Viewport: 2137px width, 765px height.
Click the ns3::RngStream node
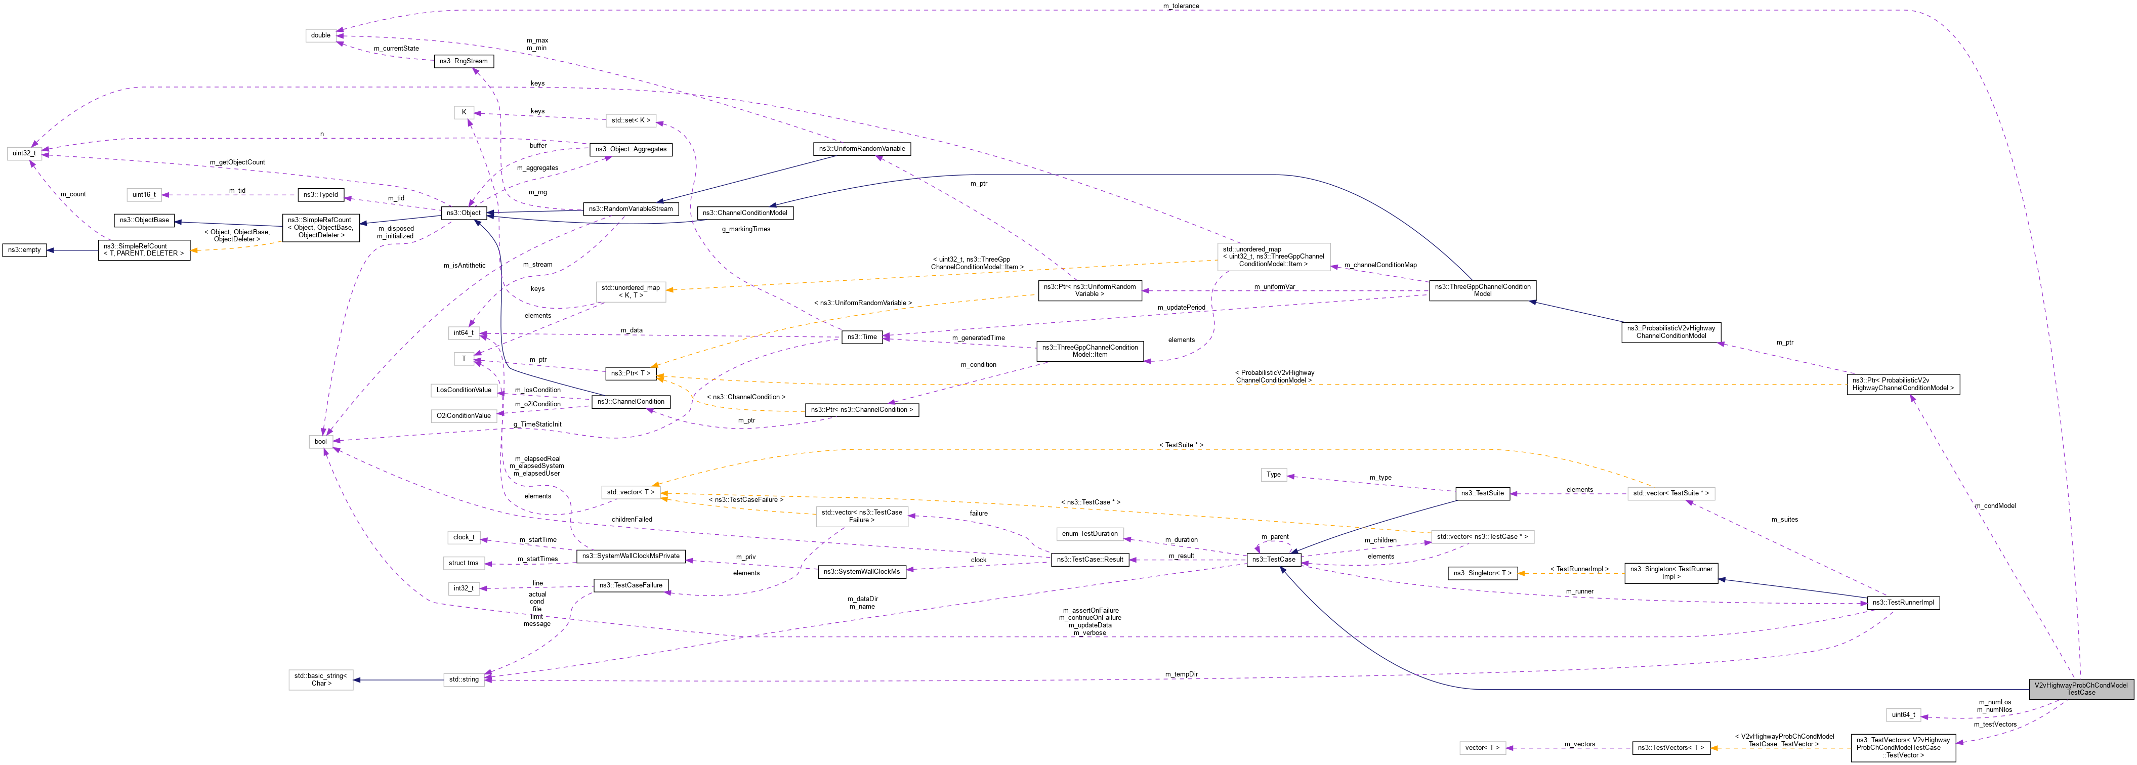[x=464, y=61]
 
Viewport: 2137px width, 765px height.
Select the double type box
[x=320, y=36]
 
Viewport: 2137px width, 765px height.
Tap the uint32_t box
[x=23, y=153]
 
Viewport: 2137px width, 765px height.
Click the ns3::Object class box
[x=463, y=213]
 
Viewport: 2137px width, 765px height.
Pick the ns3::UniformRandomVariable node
[x=862, y=149]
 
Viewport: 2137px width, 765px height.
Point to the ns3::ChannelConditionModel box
[x=744, y=213]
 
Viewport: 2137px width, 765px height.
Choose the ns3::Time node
[x=861, y=337]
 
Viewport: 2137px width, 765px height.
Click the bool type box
[x=320, y=441]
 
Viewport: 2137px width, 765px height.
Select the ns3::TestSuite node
[x=1483, y=494]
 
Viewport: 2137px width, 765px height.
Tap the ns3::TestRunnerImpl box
[x=1903, y=603]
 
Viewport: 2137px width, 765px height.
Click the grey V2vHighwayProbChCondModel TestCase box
[x=2081, y=689]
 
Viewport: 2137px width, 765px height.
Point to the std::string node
[x=464, y=679]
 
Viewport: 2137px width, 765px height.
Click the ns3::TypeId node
[x=320, y=195]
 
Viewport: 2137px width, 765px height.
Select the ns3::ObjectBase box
[x=144, y=221]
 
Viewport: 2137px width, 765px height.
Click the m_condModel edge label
[x=1994, y=505]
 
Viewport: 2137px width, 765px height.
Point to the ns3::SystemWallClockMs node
[x=861, y=572]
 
